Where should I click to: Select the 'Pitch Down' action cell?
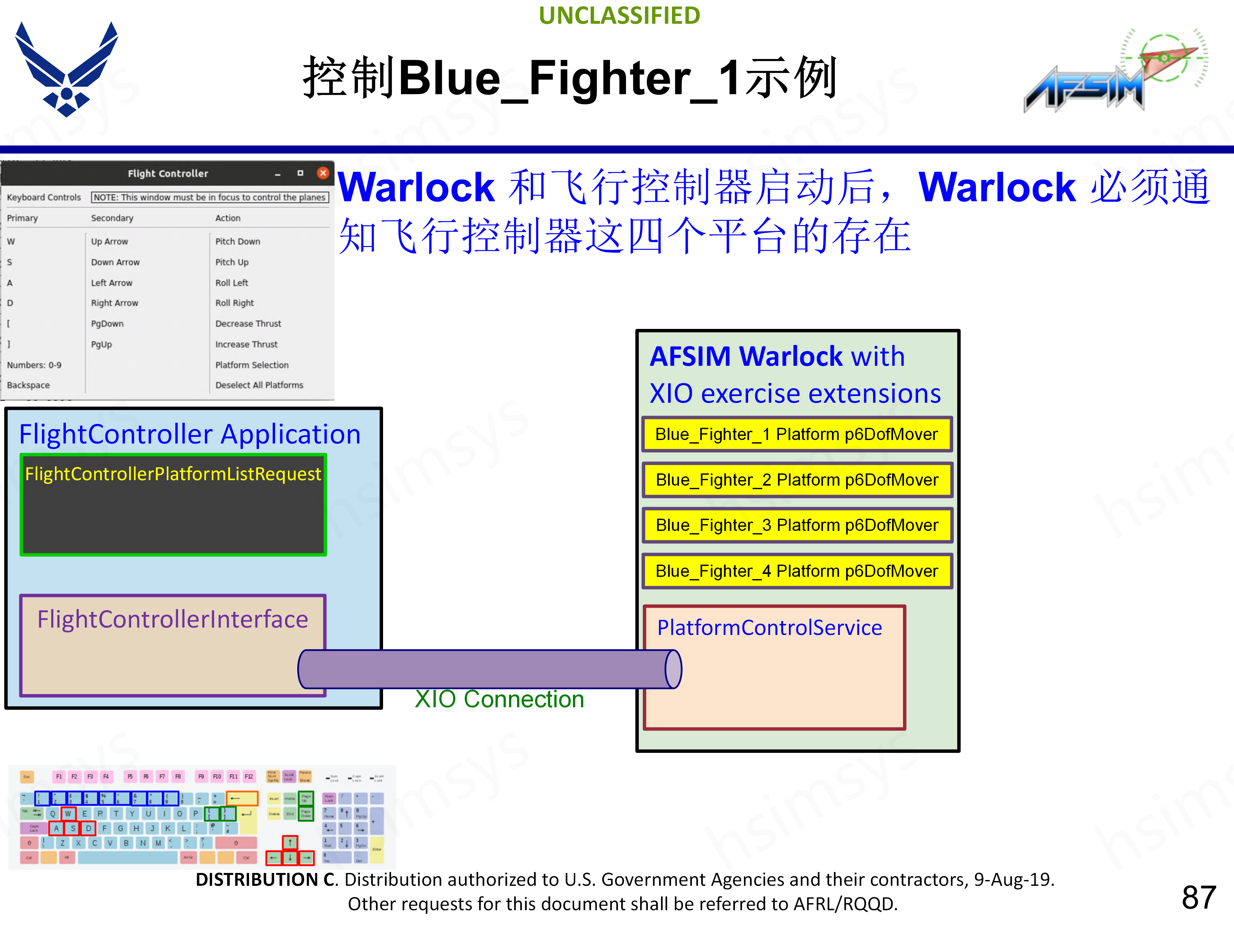(x=238, y=242)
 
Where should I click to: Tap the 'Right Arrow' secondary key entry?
(x=114, y=303)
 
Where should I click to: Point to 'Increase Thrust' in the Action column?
(x=246, y=344)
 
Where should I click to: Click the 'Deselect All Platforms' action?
(x=259, y=385)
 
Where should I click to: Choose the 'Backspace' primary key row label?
(x=28, y=385)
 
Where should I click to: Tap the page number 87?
(x=1198, y=897)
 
